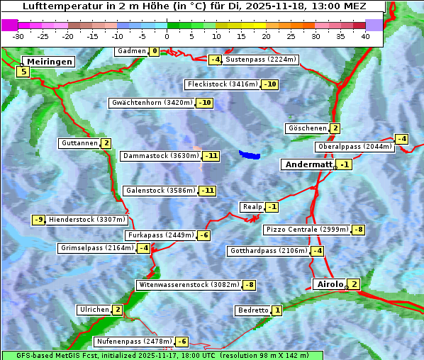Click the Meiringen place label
coord(48,62)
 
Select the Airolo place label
coord(330,284)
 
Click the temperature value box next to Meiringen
coord(23,72)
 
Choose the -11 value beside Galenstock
coord(207,191)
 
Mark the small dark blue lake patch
coord(250,154)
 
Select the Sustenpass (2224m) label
coord(255,60)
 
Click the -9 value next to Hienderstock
coord(39,220)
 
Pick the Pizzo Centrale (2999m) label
coord(307,230)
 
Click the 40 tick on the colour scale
coord(365,35)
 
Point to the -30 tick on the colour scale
coord(18,35)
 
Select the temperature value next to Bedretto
coord(277,310)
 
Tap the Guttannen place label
coord(79,143)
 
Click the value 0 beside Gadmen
coord(155,51)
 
